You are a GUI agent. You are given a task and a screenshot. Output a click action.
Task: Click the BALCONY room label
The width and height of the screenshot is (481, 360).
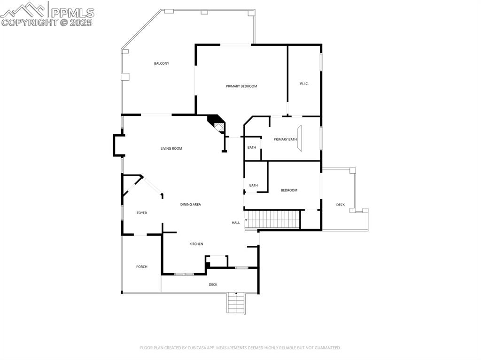point(162,63)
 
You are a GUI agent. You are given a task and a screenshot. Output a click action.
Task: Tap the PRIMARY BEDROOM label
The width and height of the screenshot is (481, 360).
point(241,86)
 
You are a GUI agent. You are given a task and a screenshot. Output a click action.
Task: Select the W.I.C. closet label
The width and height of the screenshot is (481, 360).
point(304,84)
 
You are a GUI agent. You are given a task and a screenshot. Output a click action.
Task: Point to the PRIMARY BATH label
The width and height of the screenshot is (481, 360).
point(285,139)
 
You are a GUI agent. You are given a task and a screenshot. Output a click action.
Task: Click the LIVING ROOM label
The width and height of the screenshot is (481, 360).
point(171,149)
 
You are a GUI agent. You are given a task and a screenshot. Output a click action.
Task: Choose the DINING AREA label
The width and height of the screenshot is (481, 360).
point(191,205)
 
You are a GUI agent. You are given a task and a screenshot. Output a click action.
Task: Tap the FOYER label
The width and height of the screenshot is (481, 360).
point(142,213)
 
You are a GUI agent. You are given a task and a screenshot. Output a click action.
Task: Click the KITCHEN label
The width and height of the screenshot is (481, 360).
point(196,244)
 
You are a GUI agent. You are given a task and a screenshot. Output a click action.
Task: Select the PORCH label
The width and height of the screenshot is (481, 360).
point(142,267)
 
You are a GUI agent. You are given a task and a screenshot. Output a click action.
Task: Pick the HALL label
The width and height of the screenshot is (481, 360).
point(236,222)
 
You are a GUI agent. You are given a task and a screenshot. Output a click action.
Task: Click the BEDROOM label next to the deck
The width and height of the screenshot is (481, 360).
point(289,190)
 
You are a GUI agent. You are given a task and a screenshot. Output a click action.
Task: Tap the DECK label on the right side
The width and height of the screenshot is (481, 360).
point(341,205)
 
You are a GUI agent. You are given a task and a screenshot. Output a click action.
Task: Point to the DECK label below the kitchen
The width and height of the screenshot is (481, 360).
point(213,284)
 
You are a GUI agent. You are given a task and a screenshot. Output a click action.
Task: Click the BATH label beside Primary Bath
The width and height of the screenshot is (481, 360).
point(252,147)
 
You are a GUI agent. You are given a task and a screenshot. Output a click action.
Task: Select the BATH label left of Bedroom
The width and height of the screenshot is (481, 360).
point(254,185)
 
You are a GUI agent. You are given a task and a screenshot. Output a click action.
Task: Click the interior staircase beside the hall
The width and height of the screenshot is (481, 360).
point(273,219)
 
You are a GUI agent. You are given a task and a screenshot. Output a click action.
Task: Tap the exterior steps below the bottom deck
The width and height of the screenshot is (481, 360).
point(236,303)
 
